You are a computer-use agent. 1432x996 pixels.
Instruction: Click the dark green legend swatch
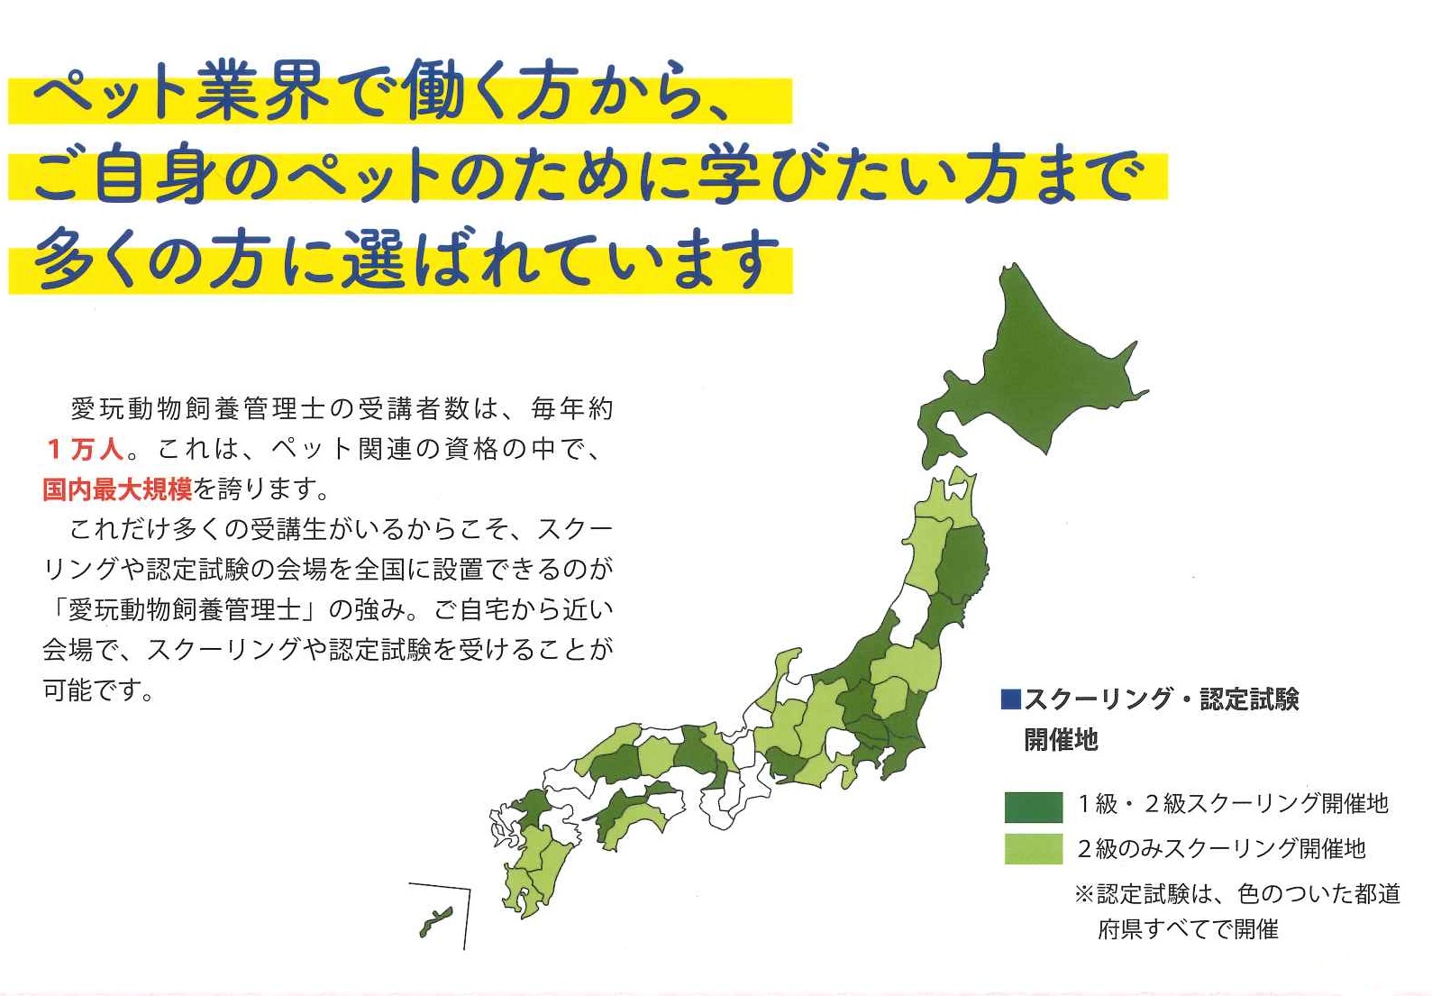[1033, 807]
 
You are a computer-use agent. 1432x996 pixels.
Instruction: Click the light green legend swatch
[1033, 849]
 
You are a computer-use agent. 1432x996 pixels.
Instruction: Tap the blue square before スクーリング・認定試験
[1010, 699]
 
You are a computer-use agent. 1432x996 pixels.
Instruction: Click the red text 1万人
[85, 450]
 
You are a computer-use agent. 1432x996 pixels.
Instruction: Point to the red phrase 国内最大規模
[118, 489]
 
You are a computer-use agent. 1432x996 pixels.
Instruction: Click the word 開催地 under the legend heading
[1062, 740]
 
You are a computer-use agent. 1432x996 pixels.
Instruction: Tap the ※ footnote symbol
[1084, 894]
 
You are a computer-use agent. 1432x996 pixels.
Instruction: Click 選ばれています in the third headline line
[560, 259]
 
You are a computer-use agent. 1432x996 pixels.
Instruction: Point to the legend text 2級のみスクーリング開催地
[1222, 849]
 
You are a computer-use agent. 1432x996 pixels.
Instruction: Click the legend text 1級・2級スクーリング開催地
[1233, 804]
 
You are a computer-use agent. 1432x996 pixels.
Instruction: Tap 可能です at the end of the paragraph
[98, 690]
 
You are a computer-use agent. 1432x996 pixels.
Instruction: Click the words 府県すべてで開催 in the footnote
[1189, 929]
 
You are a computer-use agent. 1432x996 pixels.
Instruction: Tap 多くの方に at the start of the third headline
[179, 259]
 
